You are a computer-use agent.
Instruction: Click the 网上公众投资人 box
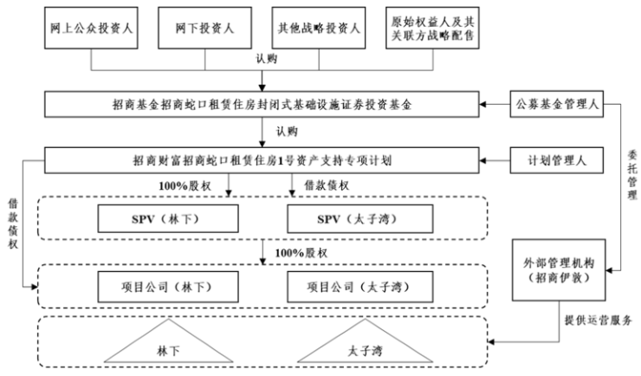(82, 29)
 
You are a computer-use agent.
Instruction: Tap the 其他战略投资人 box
(316, 29)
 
